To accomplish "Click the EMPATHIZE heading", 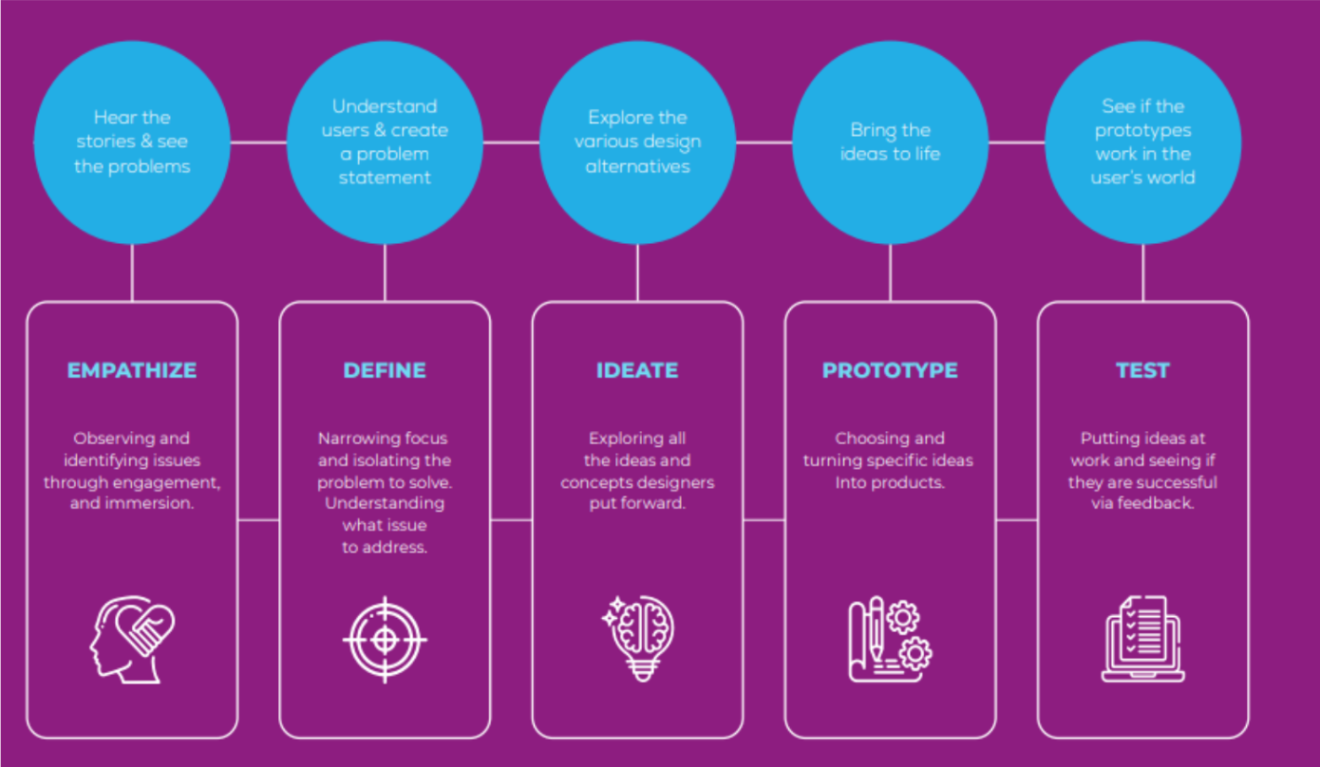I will (x=132, y=370).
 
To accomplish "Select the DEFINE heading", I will (x=385, y=370).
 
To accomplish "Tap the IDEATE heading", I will (x=637, y=370).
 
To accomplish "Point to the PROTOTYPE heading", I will (x=890, y=370).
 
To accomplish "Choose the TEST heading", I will (x=1142, y=370).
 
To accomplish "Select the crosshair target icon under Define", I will (x=385, y=639).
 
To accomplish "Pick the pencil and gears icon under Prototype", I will (x=890, y=639).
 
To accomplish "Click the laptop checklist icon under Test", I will (x=1142, y=638).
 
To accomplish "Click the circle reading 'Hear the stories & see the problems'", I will (x=132, y=142).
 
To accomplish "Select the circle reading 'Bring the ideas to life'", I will (x=890, y=142).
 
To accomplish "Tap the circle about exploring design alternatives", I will (x=637, y=142).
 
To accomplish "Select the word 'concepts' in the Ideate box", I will (x=597, y=482).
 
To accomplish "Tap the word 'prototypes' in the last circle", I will (x=1143, y=130).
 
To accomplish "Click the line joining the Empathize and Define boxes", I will (x=258, y=520).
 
